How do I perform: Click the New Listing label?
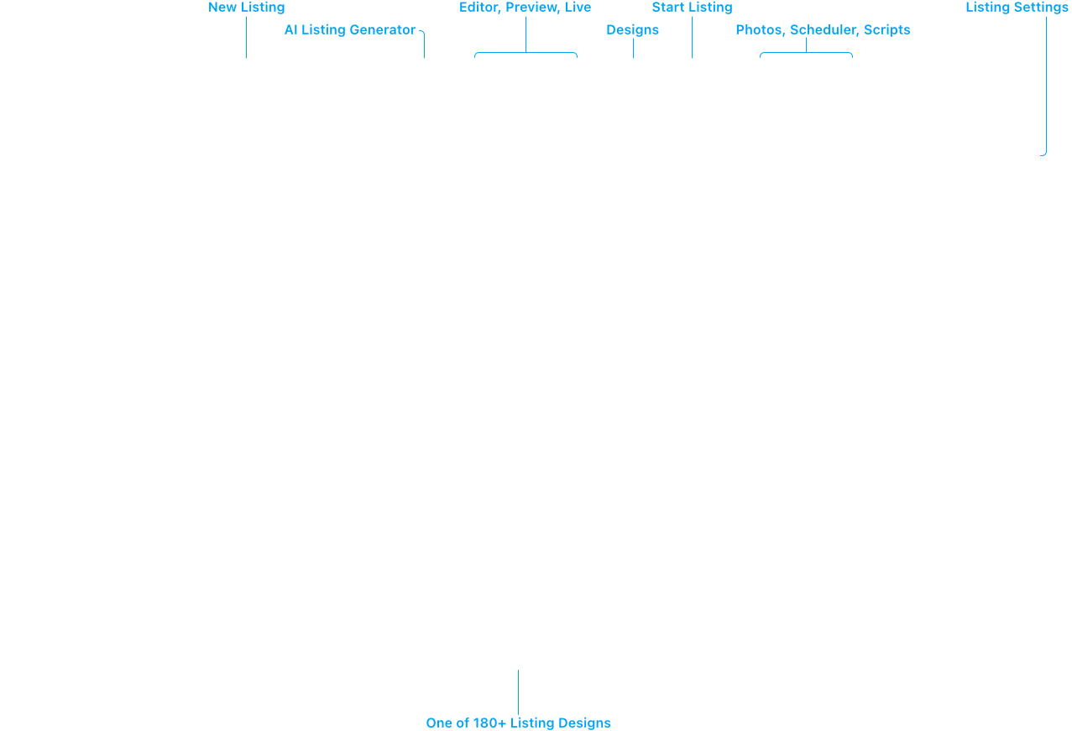pyautogui.click(x=246, y=8)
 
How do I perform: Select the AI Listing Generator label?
pyautogui.click(x=350, y=29)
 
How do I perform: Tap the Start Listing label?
pyautogui.click(x=692, y=8)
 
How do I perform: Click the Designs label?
pyautogui.click(x=632, y=29)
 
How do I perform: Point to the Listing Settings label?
pyautogui.click(x=1017, y=8)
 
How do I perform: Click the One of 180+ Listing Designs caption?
pyautogui.click(x=518, y=723)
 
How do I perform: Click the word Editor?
pyautogui.click(x=479, y=8)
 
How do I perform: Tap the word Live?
pyautogui.click(x=578, y=8)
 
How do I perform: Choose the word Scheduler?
pyautogui.click(x=824, y=29)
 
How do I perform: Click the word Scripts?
pyautogui.click(x=886, y=29)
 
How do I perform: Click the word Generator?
pyautogui.click(x=383, y=29)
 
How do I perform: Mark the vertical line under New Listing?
pyautogui.click(x=247, y=37)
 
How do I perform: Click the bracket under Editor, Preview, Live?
pyautogui.click(x=526, y=52)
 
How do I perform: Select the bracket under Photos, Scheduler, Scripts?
pyautogui.click(x=807, y=52)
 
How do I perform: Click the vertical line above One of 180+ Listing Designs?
pyautogui.click(x=518, y=692)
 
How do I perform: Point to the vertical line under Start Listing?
pyautogui.click(x=692, y=37)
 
